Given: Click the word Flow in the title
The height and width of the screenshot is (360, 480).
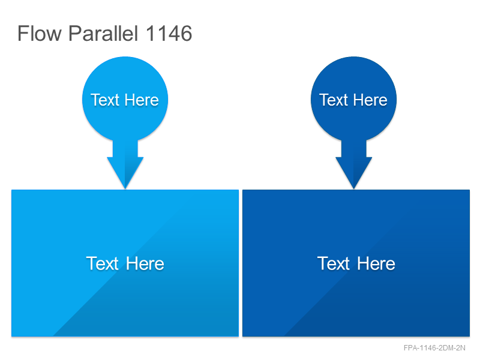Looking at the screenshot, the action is tap(40, 34).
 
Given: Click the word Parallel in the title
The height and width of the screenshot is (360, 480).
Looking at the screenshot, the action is tap(103, 34).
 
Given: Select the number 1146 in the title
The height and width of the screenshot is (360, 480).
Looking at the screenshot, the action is tap(169, 34).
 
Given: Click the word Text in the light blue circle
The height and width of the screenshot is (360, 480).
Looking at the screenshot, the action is tap(104, 100).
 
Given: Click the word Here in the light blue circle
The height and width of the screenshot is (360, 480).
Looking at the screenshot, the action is tap(142, 100).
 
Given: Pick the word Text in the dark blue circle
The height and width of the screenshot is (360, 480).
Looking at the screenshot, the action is tap(334, 100).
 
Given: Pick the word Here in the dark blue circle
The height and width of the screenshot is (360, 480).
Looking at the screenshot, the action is tap(370, 100).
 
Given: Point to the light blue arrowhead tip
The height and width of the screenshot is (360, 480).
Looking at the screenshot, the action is tap(125, 189).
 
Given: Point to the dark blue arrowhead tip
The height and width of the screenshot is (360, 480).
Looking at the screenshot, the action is tap(354, 189).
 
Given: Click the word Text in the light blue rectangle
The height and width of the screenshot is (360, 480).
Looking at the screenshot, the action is tap(102, 263).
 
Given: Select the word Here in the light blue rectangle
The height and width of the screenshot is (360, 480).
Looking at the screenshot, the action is tap(145, 263).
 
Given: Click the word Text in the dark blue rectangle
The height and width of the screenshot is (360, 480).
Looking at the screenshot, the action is tap(334, 263).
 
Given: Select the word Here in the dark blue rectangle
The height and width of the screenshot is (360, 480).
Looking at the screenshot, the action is tap(376, 263).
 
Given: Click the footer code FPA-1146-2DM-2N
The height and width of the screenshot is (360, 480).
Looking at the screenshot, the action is tap(434, 348).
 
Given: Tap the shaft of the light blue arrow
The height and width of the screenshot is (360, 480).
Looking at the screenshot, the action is tap(125, 149).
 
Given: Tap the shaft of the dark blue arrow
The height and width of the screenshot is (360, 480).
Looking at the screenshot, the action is tap(354, 149).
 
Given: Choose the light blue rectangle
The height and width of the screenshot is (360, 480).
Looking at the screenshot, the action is tap(125, 263).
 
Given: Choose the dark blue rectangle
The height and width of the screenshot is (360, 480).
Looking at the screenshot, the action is tap(356, 263).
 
